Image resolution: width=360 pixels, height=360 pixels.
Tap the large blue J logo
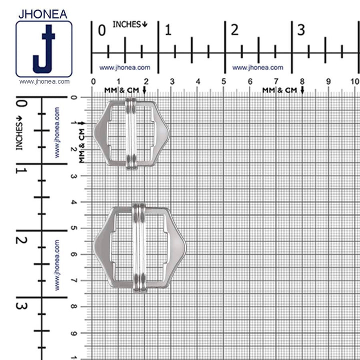point(44,49)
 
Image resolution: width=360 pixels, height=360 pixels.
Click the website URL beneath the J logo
point(44,81)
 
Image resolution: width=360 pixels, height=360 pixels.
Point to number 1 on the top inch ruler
point(168,30)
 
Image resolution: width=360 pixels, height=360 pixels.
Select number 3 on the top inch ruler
point(301,30)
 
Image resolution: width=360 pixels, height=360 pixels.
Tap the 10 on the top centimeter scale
point(354,81)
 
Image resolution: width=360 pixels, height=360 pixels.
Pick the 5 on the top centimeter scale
point(223,81)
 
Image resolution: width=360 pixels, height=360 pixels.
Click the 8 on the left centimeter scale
point(74,306)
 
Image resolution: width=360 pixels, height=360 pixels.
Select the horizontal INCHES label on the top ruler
point(130,24)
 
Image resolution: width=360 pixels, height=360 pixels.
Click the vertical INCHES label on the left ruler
point(20,132)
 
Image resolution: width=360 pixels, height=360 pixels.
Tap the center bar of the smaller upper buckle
point(131,133)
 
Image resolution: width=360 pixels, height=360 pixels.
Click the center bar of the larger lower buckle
point(139,247)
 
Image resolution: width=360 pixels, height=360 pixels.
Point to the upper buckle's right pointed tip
point(168,133)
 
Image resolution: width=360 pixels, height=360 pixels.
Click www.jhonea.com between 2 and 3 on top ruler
point(257,67)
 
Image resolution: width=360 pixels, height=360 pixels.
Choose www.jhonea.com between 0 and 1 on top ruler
point(124,67)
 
